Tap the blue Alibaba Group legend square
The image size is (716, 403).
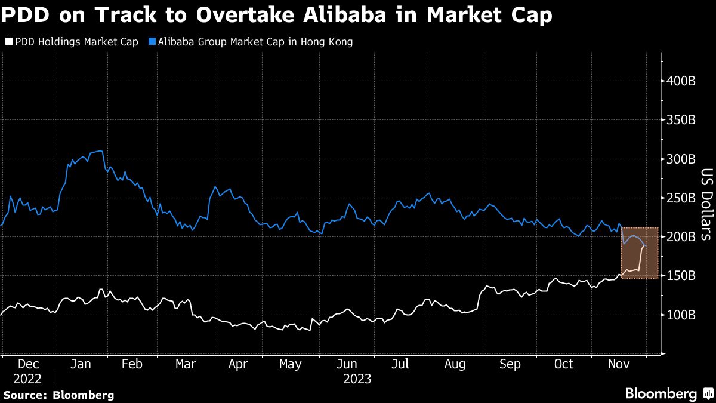coord(152,42)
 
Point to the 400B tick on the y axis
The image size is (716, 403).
coord(680,81)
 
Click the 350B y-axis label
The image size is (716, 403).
coord(680,120)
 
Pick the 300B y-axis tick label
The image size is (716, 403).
coord(680,159)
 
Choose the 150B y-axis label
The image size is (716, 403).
coord(680,276)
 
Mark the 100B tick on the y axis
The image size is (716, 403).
coord(680,315)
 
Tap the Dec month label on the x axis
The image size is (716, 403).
coord(28,364)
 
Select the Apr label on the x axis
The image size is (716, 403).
coord(239,364)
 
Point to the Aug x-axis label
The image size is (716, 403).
coord(456,364)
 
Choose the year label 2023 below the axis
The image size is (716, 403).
coord(357,379)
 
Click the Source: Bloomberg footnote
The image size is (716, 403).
coord(58,395)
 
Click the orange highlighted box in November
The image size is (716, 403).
coord(640,253)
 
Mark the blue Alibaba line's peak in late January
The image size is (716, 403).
coord(100,151)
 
